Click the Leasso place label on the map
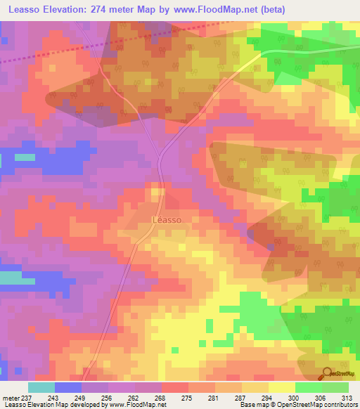click(167, 220)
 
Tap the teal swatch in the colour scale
click(41, 387)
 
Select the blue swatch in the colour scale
click(68, 387)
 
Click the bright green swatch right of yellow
click(308, 387)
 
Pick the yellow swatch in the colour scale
click(281, 387)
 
